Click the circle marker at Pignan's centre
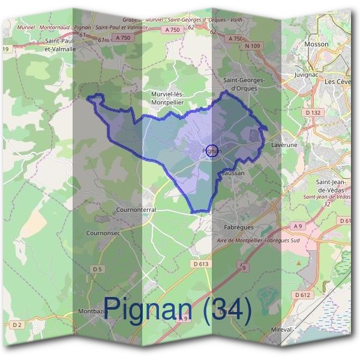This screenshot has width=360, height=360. pos(211,151)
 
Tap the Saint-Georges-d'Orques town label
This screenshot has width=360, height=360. pos(244,85)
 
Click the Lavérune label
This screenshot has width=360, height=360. pos(284,145)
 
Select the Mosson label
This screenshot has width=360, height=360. pos(317,44)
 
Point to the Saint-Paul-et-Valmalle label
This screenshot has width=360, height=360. pos(60,45)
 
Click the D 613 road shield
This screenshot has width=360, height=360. pos(201,264)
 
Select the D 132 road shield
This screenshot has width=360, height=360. pos(314,112)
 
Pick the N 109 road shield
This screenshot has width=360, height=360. pos(253,46)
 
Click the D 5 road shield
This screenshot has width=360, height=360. pos(97,269)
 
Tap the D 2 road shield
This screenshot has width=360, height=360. pos(16,325)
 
